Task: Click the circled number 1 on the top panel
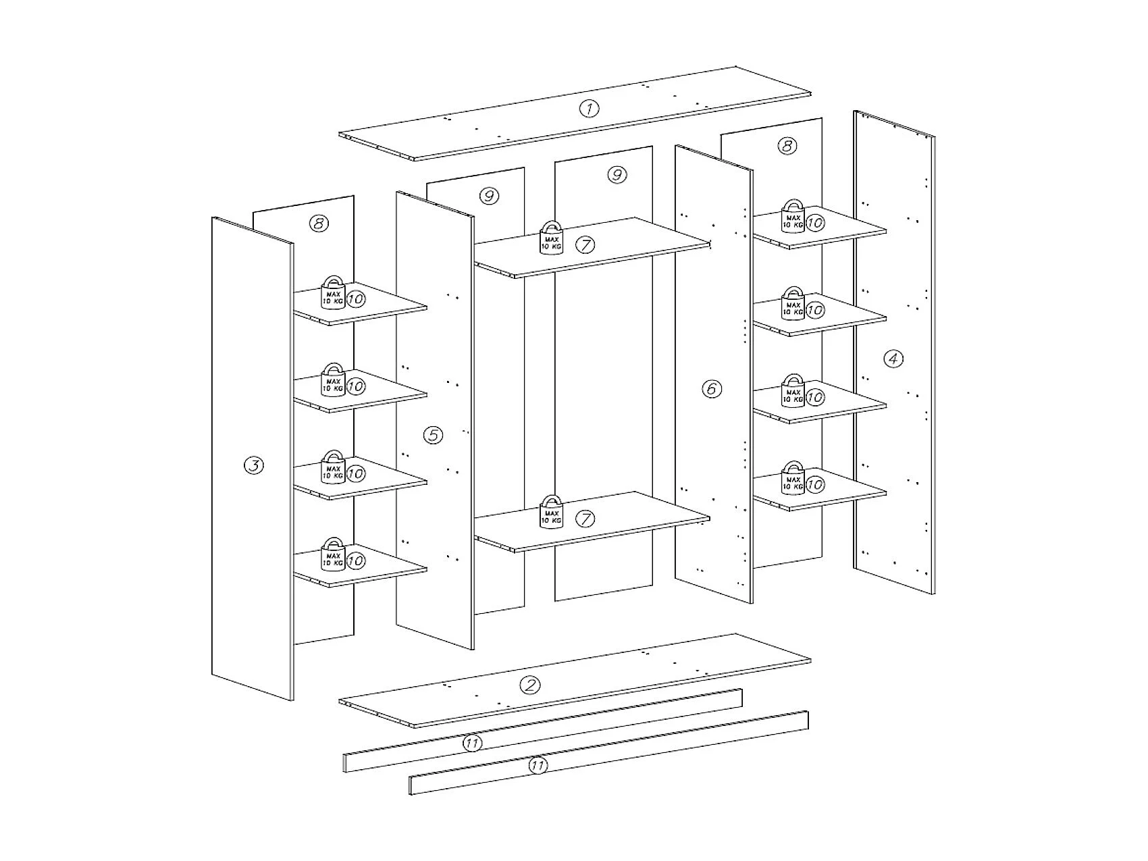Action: [589, 108]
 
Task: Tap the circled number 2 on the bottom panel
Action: [529, 685]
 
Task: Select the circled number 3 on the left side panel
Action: [253, 465]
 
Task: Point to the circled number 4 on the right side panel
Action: [893, 359]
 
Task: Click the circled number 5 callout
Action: [433, 435]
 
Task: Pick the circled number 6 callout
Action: [711, 388]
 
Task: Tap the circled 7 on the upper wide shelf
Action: [585, 244]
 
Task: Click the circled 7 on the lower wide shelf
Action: [585, 518]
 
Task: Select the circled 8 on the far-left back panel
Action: [319, 224]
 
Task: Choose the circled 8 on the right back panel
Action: [787, 146]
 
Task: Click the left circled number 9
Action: [489, 197]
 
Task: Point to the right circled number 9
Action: [616, 175]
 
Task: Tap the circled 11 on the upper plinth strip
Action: [472, 743]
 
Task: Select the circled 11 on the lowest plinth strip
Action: [538, 766]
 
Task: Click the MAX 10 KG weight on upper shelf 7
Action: [551, 238]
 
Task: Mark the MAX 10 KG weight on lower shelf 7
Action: [551, 512]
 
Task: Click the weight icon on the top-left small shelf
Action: [333, 292]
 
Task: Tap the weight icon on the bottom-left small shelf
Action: [333, 554]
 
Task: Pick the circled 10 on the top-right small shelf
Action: [815, 222]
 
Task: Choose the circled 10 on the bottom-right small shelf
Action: [815, 484]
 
